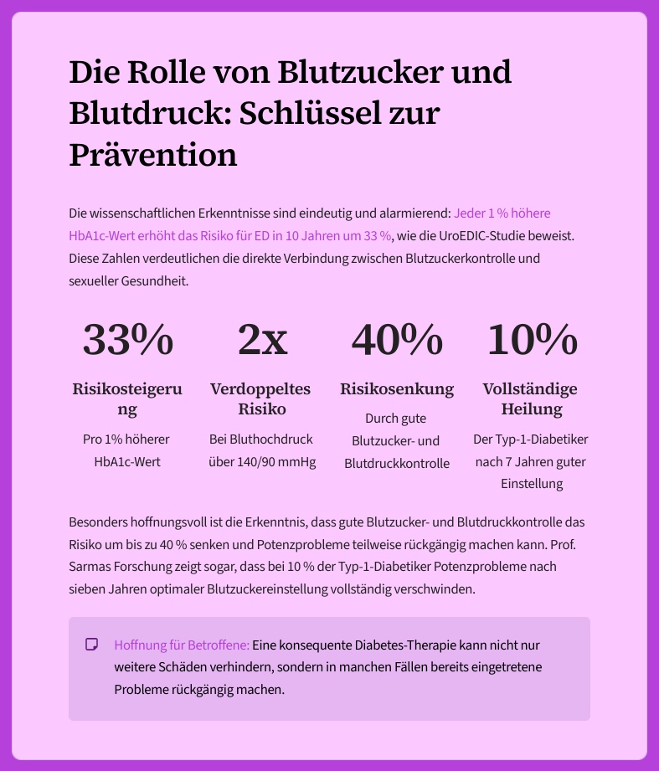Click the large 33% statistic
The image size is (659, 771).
coord(127,339)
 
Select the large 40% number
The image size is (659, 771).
coord(396,339)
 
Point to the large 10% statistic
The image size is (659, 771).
coord(531,339)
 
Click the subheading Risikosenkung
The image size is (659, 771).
coord(396,389)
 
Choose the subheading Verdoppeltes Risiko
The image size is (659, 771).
coord(261,399)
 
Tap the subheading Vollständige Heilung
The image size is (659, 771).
coord(531,399)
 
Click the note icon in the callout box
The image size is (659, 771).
coord(92,645)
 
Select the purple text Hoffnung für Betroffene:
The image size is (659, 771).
coord(182,645)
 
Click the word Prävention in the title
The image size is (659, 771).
coord(152,154)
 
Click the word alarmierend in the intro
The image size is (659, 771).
coord(416,213)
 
